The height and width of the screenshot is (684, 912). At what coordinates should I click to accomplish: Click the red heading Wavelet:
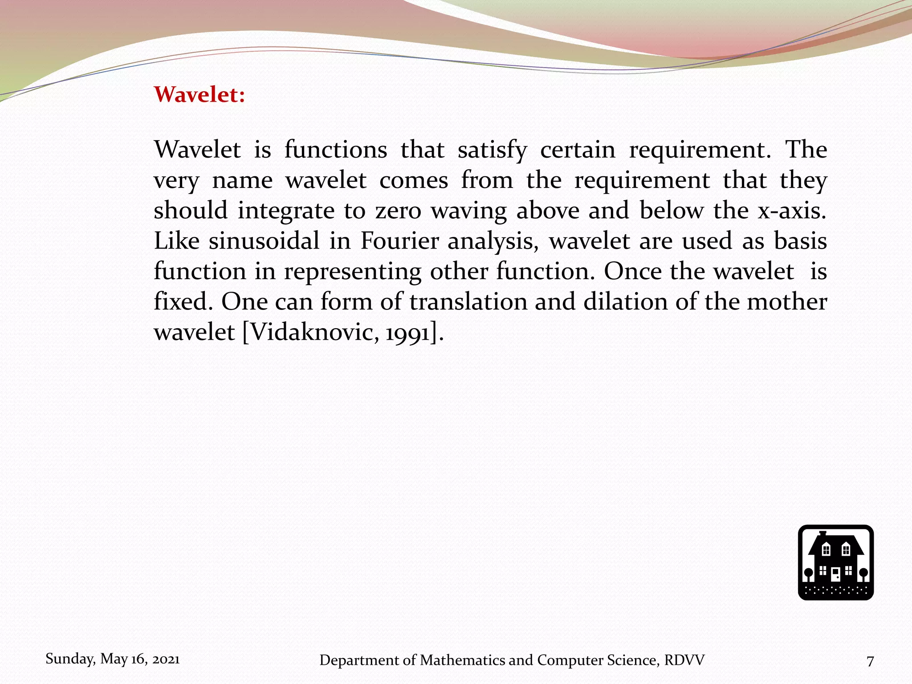[x=199, y=94]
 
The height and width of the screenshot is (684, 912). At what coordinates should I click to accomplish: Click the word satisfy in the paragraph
[x=492, y=150]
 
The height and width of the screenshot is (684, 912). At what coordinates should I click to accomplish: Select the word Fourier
[x=399, y=241]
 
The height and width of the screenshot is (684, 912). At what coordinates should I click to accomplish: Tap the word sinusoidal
[x=264, y=241]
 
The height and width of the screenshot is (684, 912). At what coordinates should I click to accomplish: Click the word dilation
[x=625, y=302]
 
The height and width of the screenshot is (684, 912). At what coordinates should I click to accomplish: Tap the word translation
[x=468, y=302]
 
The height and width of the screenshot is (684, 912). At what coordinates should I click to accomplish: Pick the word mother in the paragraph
[x=787, y=302]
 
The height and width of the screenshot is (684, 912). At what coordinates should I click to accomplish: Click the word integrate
[x=286, y=211]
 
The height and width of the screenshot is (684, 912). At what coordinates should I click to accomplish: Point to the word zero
[x=398, y=211]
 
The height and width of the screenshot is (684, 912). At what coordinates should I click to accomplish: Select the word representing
[x=353, y=272]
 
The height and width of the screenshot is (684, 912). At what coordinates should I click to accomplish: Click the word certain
[x=578, y=150]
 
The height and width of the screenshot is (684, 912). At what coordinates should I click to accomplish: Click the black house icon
[x=835, y=562]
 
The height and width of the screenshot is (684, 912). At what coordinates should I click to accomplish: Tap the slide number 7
[x=870, y=661]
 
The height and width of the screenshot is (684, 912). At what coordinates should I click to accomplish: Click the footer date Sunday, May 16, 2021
[x=113, y=659]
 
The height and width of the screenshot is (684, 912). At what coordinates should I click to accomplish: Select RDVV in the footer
[x=684, y=660]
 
